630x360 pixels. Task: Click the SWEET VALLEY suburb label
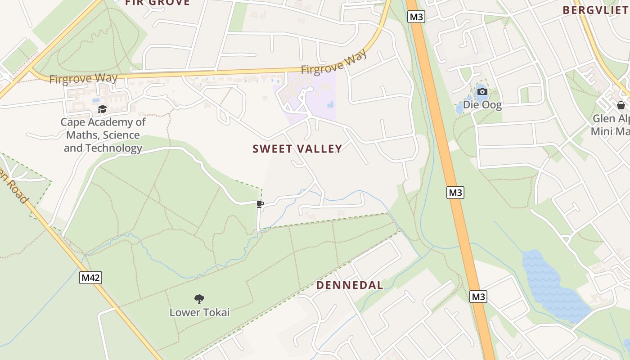(x=297, y=149)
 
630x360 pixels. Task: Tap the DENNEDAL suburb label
(x=350, y=285)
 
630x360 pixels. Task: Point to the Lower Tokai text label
(x=199, y=312)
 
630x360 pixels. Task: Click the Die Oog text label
(x=482, y=105)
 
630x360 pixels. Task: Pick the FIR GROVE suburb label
(x=157, y=3)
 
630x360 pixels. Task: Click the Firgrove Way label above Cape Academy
(x=83, y=79)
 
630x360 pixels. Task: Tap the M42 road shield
(x=90, y=278)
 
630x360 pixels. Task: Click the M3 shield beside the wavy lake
(x=478, y=297)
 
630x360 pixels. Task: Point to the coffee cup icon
(x=260, y=204)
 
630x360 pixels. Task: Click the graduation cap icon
(x=103, y=109)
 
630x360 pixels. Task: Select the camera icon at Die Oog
(x=482, y=92)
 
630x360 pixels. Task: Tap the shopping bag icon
(x=621, y=106)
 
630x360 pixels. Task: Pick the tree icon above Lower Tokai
(x=199, y=299)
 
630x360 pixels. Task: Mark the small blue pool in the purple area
(x=331, y=105)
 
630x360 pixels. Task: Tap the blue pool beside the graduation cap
(x=95, y=100)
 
